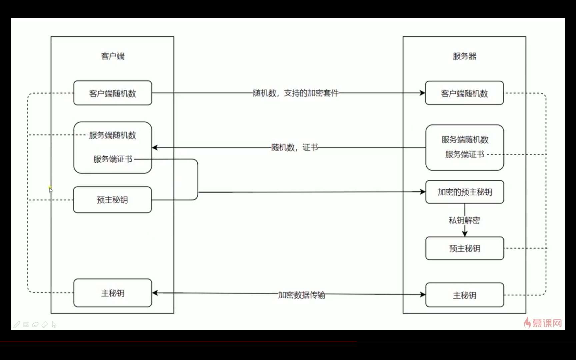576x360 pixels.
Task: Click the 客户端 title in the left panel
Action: coord(113,56)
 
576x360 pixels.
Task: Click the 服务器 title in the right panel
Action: coord(464,56)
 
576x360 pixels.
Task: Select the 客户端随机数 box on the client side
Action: coord(113,93)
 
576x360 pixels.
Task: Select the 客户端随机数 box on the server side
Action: coord(464,93)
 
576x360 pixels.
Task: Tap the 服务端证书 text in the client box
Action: coord(113,159)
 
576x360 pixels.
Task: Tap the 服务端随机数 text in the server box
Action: coord(465,139)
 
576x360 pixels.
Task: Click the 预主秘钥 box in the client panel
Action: coord(112,200)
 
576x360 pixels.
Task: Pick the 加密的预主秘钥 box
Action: coord(465,192)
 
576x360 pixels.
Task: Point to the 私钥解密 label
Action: coord(464,220)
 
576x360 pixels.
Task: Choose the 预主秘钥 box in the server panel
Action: coord(465,248)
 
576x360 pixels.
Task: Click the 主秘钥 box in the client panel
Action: coord(113,293)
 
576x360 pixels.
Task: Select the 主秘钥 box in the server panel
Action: coord(465,295)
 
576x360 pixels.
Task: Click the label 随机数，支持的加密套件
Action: coord(295,93)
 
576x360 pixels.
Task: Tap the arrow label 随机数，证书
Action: coord(294,147)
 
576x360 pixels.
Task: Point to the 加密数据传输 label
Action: coord(301,295)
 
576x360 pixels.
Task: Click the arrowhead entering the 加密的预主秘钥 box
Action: coord(423,192)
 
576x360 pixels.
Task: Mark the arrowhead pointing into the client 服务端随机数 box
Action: coord(155,147)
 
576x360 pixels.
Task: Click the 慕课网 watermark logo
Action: coord(543,323)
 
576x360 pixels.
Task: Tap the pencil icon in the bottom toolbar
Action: coord(17,324)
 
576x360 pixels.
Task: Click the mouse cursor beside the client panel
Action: coord(50,190)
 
